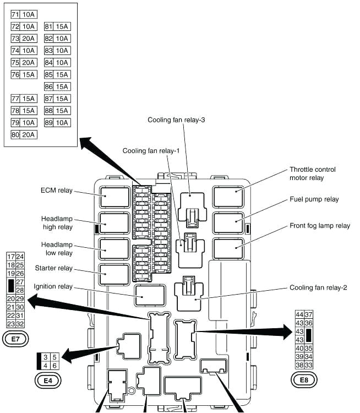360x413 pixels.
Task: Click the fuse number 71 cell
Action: tap(15, 14)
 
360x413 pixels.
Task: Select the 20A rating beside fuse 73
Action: tap(29, 39)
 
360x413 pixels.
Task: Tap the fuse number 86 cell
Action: tap(48, 86)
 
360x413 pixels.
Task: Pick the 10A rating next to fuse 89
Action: tap(62, 123)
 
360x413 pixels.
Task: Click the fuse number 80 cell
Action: tap(15, 134)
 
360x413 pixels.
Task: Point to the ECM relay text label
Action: tap(56, 191)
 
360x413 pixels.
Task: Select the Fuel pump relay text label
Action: tap(314, 199)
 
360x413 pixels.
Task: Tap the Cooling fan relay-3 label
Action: tap(173, 120)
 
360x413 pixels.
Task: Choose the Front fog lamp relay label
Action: tap(319, 226)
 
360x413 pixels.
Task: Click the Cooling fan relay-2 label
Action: tap(318, 287)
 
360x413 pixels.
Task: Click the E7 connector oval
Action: tap(14, 339)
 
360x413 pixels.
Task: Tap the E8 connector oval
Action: tap(304, 379)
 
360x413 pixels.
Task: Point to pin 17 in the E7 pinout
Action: tap(10, 257)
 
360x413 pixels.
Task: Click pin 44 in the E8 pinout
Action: tap(299, 314)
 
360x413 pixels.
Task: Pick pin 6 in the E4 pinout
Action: tap(54, 365)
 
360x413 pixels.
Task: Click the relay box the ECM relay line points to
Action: tap(114, 197)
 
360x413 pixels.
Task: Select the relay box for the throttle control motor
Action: tap(228, 197)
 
